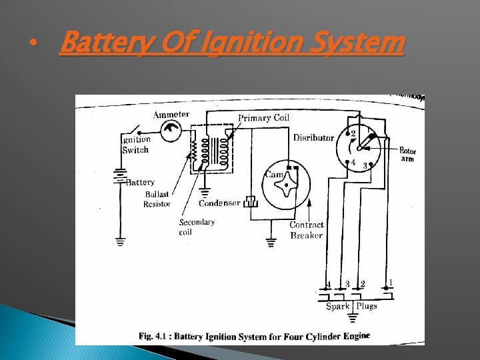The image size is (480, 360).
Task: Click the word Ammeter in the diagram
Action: (171, 115)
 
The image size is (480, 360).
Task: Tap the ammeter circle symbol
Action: (172, 131)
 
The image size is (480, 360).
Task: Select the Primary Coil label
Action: (263, 118)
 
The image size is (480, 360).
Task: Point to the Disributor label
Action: (313, 138)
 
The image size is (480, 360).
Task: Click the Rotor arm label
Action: (407, 155)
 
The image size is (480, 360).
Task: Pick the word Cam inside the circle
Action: (274, 174)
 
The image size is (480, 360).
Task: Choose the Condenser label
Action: (219, 203)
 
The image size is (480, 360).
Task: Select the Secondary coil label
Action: (197, 227)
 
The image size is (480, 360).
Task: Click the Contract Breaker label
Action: (307, 230)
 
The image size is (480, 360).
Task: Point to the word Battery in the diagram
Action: (140, 182)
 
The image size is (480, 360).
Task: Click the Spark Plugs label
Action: (351, 306)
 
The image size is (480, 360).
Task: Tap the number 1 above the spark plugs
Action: (391, 283)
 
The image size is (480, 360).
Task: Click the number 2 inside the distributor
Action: (353, 134)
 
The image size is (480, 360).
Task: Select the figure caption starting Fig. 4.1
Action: (254, 335)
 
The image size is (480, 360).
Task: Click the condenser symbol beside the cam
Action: (251, 201)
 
